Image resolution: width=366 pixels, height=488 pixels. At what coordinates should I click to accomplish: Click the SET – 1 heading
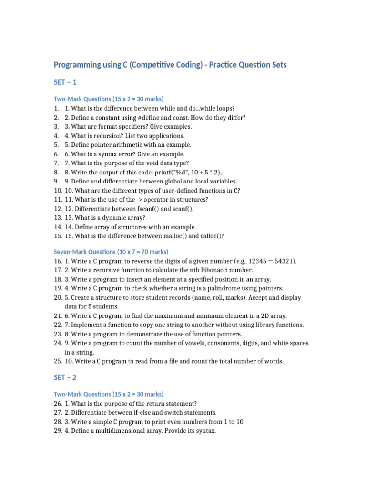pos(65,82)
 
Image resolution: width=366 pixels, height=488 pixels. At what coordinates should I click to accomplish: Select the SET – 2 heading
pos(65,377)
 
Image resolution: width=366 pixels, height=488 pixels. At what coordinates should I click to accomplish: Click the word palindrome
pos(225,288)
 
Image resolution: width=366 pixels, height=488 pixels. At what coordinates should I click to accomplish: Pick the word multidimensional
pos(120,431)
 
